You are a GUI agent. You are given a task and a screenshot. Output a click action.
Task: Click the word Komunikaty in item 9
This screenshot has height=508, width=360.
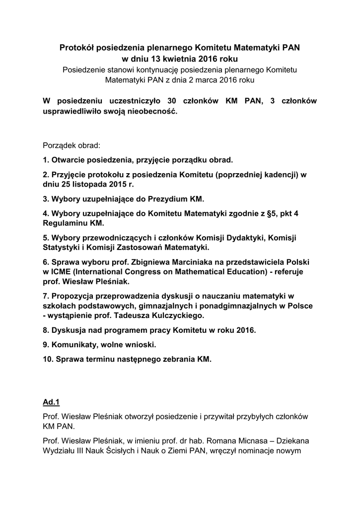point(72,344)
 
